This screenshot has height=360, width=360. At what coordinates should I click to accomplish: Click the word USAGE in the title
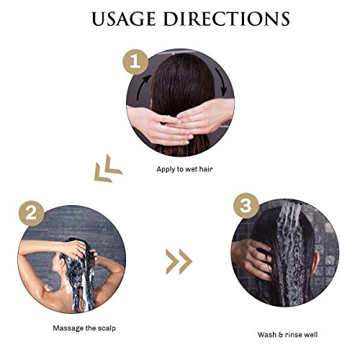coord(124,19)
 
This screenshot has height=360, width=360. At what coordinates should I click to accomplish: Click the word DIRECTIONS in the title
coord(227,19)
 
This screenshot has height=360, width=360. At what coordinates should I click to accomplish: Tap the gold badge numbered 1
coord(135,62)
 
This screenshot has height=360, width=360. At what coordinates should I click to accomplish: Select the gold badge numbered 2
coord(31,213)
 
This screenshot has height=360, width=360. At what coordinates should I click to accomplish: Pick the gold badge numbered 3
coord(246,206)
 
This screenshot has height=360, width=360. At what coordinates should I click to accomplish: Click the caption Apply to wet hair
coord(184,169)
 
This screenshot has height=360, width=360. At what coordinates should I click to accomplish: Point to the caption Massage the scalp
coord(84,328)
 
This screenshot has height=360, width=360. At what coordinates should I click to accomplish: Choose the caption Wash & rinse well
coord(287,335)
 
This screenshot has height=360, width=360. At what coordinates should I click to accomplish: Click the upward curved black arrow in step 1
coord(142,86)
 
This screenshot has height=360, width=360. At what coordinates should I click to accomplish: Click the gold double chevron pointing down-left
coord(108,169)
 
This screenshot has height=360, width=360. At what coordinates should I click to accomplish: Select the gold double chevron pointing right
coord(179,261)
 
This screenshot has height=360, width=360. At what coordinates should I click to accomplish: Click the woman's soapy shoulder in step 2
coord(49,287)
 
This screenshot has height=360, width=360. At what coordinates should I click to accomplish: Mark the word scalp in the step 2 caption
coord(107,328)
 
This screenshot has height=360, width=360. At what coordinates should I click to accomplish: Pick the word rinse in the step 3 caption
coord(292,335)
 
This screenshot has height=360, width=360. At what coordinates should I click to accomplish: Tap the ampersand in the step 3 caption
coord(280,335)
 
